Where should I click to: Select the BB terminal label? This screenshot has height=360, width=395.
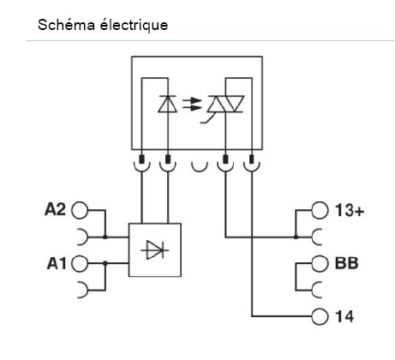(345, 263)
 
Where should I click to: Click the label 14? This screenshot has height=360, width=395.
(343, 315)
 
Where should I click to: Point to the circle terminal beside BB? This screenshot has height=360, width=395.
(320, 263)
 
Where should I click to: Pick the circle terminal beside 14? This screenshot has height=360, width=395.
(320, 315)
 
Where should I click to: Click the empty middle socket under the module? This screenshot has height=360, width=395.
(198, 161)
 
